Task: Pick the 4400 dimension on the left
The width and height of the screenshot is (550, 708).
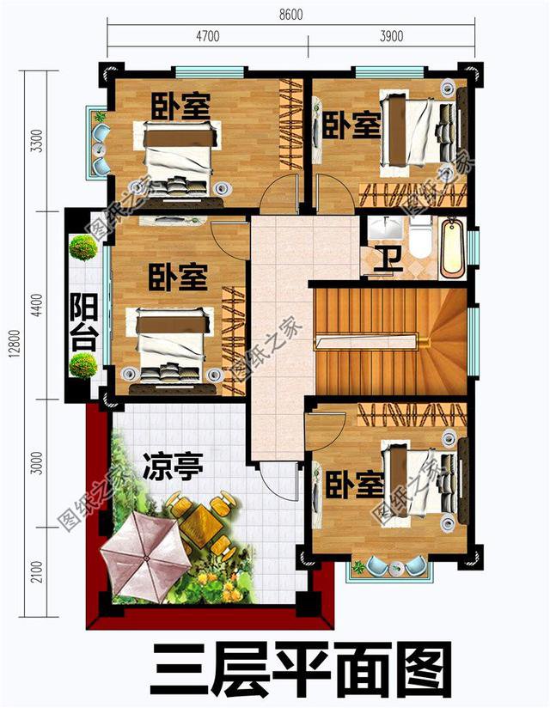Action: click(x=35, y=305)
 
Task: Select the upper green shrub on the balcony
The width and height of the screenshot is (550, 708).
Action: click(x=83, y=247)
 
